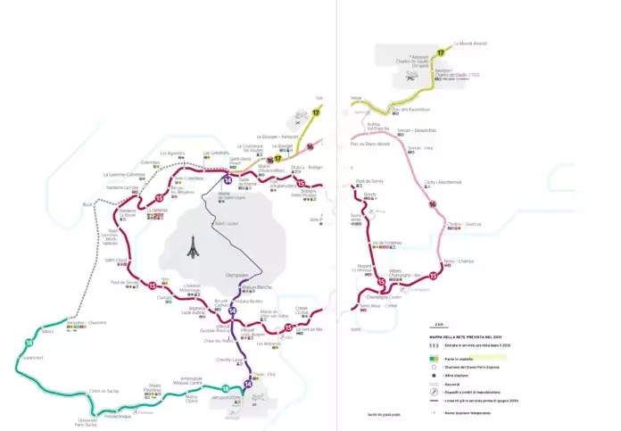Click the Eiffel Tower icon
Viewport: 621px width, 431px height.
pyautogui.click(x=189, y=249)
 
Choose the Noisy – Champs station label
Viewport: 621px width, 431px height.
pyautogui.click(x=456, y=261)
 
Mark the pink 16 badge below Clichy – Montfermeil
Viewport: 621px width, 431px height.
pyautogui.click(x=432, y=205)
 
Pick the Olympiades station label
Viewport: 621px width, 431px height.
pyautogui.click(x=237, y=275)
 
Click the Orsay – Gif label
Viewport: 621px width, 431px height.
pyautogui.click(x=145, y=411)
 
